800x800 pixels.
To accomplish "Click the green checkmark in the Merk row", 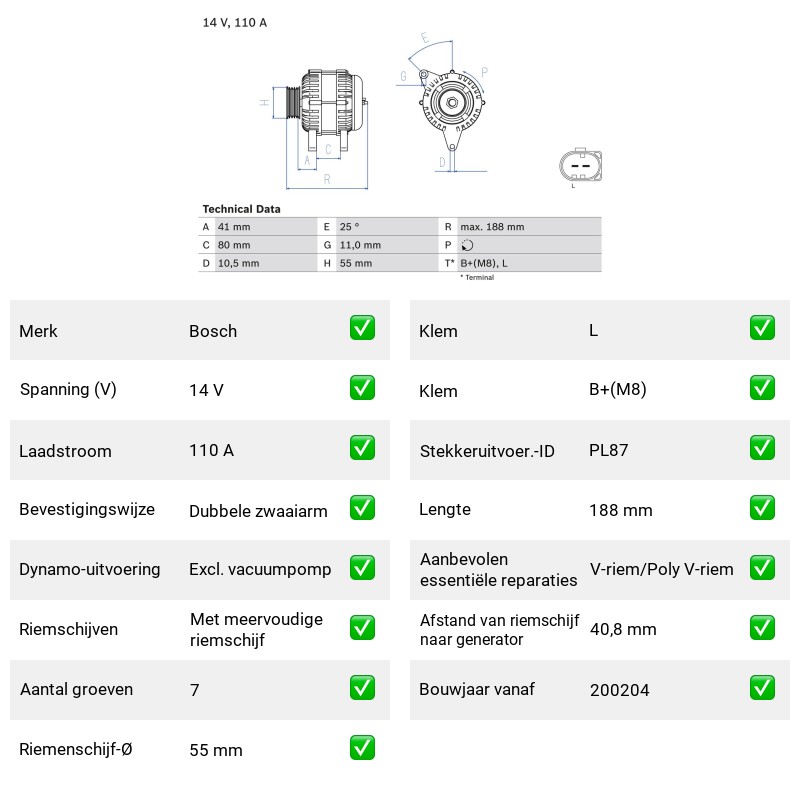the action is (362, 328).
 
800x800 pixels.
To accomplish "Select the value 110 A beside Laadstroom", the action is (211, 450).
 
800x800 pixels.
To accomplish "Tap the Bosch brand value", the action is (213, 331).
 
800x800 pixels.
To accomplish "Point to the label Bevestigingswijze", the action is (87, 510).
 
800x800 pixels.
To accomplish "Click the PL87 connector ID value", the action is (608, 450).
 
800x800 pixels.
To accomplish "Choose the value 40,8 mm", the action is (623, 630).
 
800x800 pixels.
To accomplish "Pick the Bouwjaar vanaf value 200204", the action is (619, 690).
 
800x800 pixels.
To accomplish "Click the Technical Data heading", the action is (241, 209).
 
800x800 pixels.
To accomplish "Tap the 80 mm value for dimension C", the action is (234, 245).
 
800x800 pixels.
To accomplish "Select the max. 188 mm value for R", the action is (492, 227).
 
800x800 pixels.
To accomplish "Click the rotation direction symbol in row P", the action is (467, 245).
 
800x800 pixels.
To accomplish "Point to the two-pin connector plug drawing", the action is (581, 165).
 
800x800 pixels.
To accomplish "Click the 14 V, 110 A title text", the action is (235, 22).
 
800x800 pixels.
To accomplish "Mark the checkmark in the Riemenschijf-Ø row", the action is (362, 747).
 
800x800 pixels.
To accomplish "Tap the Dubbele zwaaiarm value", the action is (258, 511).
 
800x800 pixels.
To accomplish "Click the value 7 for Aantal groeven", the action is (194, 690).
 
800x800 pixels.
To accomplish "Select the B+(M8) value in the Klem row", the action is (617, 389).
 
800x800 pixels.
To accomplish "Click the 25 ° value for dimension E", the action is (349, 227).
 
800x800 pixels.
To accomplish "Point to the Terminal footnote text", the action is (478, 278).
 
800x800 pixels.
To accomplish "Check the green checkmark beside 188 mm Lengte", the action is (762, 508).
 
